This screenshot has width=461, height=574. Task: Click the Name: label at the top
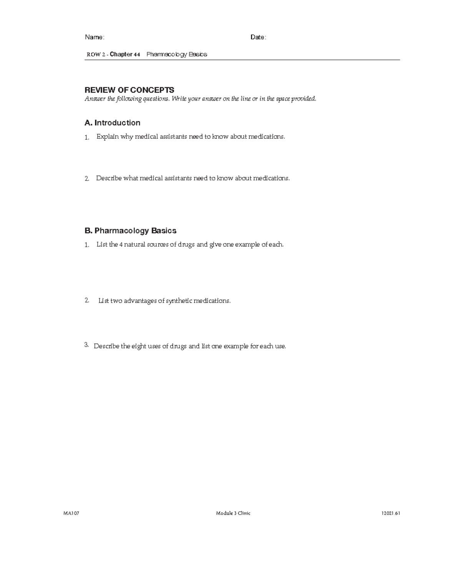pos(94,37)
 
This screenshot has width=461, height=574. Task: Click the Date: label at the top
pos(258,37)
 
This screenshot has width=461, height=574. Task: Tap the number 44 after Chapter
pos(137,55)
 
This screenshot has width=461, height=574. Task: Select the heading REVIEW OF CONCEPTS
pos(129,90)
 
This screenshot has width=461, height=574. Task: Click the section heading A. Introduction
pos(112,123)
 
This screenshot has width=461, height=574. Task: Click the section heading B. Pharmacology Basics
pos(130,231)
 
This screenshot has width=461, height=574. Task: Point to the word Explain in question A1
pos(107,137)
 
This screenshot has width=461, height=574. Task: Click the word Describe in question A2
pos(109,178)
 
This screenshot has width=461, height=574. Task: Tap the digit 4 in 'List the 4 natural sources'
pos(121,245)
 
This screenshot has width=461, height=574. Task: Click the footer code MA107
pos(71,513)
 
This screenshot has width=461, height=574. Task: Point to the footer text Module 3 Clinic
pos(233,513)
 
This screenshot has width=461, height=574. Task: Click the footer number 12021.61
pos(391,513)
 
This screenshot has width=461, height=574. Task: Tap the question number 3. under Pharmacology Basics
pos(86,345)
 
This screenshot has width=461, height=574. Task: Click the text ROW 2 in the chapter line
pos(96,55)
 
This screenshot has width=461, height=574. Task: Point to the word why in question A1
pos(126,137)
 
